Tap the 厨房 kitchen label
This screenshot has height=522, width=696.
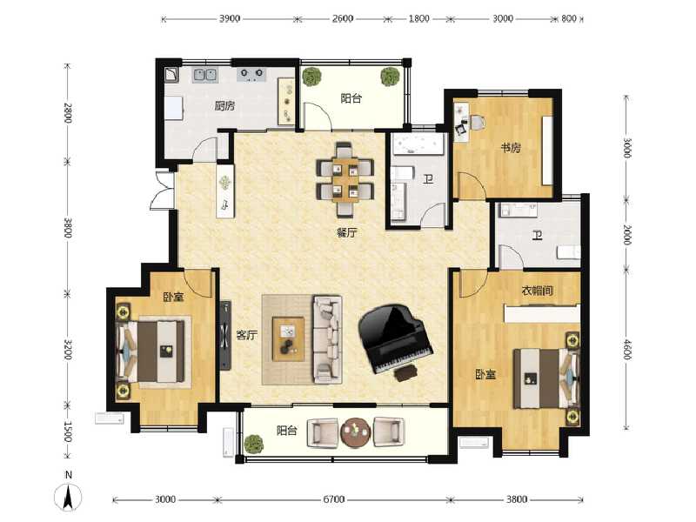[x=224, y=106]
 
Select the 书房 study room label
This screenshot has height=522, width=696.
[x=510, y=148]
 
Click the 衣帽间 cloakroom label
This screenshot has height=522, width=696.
[x=537, y=291]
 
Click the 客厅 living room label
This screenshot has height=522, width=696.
[x=247, y=335]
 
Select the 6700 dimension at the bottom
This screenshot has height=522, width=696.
[x=334, y=499]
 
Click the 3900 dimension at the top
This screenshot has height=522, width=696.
[x=231, y=18]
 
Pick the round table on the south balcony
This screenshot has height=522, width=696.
[x=355, y=431]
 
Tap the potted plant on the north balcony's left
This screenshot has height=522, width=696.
[x=311, y=77]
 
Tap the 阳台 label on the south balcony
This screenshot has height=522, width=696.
[x=288, y=430]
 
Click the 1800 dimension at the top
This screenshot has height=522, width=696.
[x=419, y=18]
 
